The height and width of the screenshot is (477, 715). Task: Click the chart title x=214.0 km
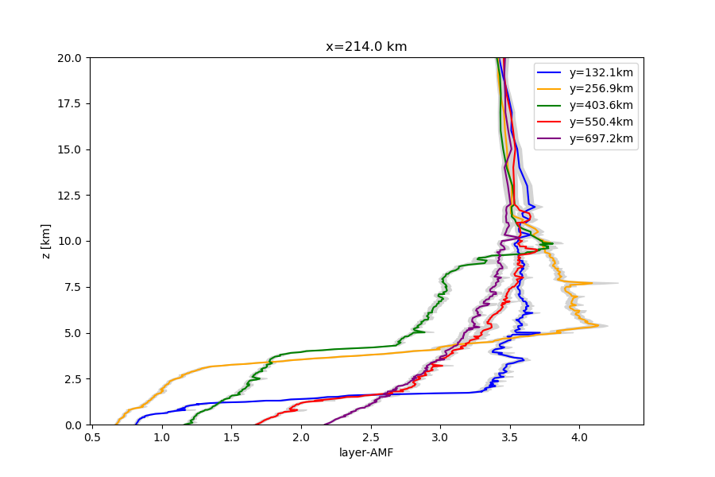point(366,47)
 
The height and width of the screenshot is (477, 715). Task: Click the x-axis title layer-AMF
point(366,453)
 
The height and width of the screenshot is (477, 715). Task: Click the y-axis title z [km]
point(46,241)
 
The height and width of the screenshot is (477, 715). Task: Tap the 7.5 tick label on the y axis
point(73,287)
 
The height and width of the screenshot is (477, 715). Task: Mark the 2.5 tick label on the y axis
point(73,379)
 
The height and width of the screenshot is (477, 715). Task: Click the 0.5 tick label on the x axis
point(93,436)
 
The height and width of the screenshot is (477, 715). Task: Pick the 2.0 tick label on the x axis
point(301,436)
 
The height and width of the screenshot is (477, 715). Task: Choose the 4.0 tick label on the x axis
point(579,436)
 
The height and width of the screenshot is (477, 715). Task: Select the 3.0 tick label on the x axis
point(440,436)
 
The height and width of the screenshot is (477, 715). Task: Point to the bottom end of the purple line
point(326,424)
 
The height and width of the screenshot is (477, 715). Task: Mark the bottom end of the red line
point(256,424)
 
